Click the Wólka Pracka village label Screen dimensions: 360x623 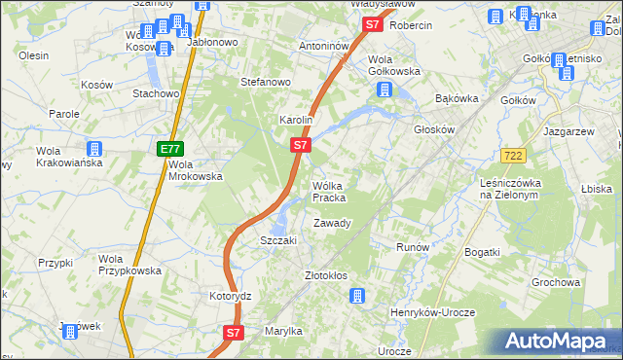coord(328,192)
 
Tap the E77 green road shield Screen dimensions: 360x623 coord(169,149)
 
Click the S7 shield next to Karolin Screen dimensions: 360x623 coord(301,145)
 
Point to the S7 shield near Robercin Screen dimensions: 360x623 coord(370,25)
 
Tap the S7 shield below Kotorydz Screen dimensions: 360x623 coord(233,333)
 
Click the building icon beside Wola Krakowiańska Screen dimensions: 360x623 coord(94,150)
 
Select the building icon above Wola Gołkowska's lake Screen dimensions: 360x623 coord(385,90)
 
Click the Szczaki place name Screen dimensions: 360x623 coord(277,240)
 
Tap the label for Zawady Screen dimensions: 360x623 coord(332,223)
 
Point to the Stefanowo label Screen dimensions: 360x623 coord(267,83)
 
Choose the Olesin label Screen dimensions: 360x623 coord(33,55)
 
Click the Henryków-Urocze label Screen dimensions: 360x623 coord(431,310)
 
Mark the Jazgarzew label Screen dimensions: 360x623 coord(569,129)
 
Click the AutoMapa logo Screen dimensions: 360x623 coord(559,342)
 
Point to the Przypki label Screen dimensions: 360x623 coord(55,263)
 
